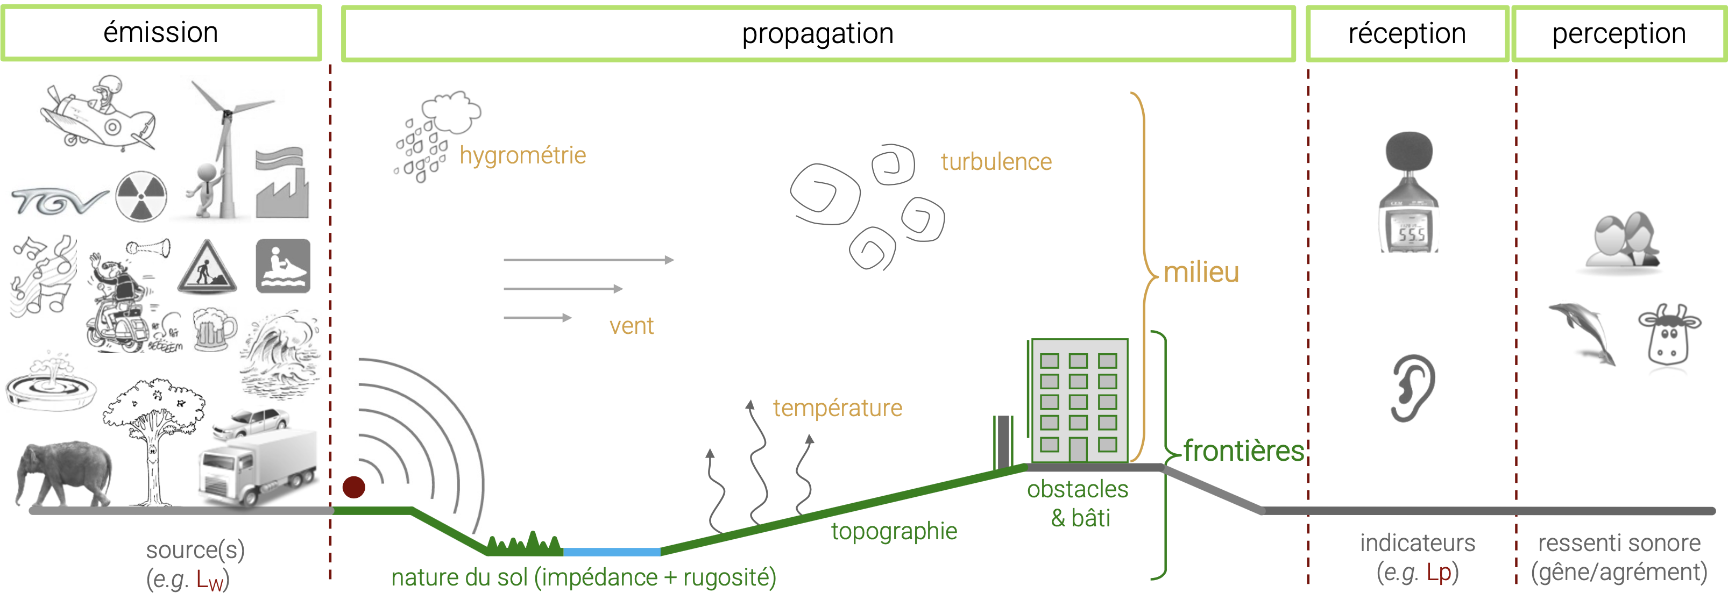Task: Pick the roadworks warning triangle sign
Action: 207,268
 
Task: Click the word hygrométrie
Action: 522,155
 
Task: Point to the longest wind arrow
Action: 589,260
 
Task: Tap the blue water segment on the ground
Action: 611,552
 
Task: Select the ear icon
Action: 1412,388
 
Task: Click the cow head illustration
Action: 1669,335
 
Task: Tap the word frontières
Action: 1243,451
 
